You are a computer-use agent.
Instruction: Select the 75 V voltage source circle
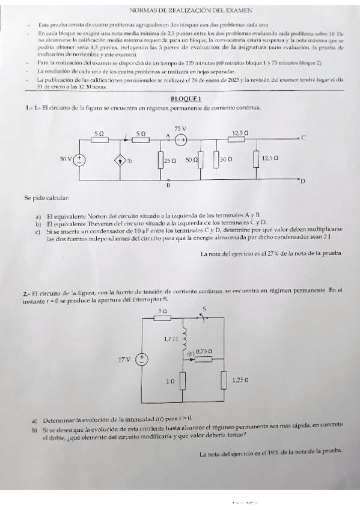pyautogui.click(x=181, y=139)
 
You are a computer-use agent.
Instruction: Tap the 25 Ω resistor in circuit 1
pyautogui.click(x=160, y=160)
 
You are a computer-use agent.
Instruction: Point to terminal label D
pyautogui.click(x=302, y=180)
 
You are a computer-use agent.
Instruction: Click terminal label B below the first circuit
pyautogui.click(x=168, y=186)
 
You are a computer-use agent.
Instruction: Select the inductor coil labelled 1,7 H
pyautogui.click(x=185, y=339)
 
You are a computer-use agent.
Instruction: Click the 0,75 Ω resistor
pyautogui.click(x=206, y=358)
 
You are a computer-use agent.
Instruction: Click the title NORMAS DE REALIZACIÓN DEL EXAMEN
pyautogui.click(x=191, y=10)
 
